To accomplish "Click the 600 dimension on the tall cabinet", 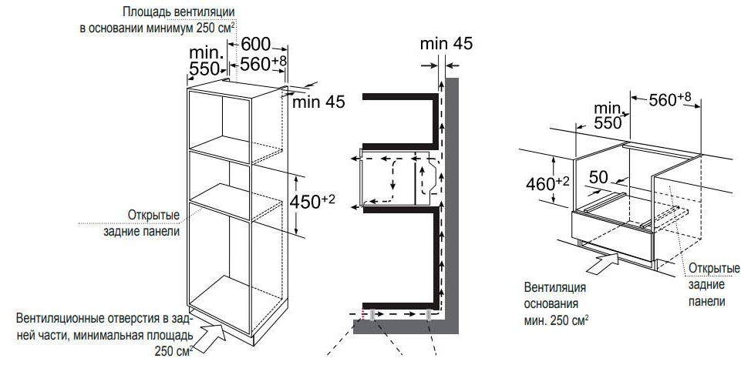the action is click(256, 45).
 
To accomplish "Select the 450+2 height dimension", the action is click(312, 202).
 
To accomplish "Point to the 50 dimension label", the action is click(598, 177).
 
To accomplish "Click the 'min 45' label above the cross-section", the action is click(446, 44).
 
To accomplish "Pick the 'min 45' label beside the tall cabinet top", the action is click(319, 102).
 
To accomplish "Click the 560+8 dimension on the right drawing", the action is click(670, 99).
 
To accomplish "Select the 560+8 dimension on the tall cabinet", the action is click(263, 64).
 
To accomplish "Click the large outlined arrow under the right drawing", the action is click(602, 263).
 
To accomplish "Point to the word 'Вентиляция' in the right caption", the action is click(555, 287).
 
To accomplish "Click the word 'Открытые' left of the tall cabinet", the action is click(153, 215).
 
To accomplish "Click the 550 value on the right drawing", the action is click(608, 123).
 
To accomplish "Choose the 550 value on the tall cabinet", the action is click(204, 69).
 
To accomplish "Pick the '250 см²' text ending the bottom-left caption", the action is click(173, 351).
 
